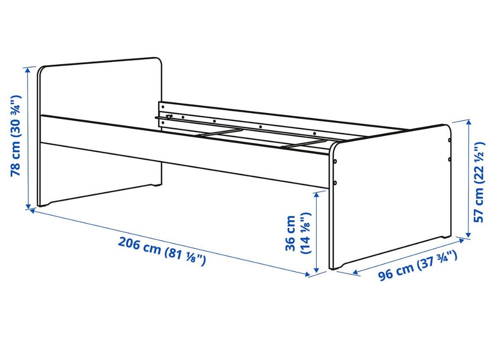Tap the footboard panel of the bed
click(x=390, y=197)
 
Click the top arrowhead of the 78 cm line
click(x=28, y=69)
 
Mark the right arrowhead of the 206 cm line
click(x=307, y=274)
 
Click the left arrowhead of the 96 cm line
click(x=355, y=272)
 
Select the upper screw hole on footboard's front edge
click(x=335, y=161)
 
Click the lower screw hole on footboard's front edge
click(x=335, y=182)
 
